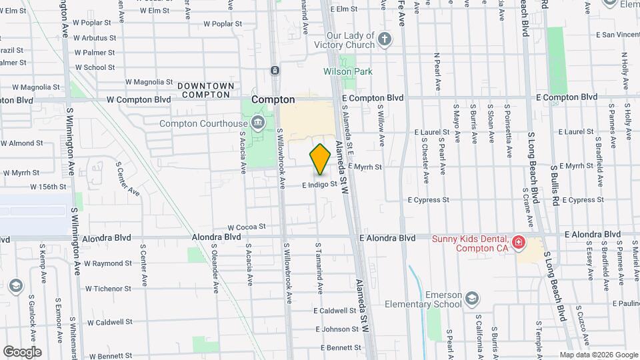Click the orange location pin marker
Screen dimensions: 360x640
click(x=321, y=159)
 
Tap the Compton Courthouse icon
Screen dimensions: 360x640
click(x=258, y=123)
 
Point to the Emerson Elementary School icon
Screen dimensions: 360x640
click(x=472, y=298)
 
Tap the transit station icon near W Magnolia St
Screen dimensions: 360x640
click(x=275, y=71)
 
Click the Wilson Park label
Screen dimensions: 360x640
click(x=348, y=71)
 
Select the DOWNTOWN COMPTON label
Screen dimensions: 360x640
click(x=205, y=91)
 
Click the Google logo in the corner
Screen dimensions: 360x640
click(x=22, y=352)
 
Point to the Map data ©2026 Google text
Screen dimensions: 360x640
click(x=599, y=355)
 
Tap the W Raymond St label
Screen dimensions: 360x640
click(x=108, y=264)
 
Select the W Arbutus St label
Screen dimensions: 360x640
click(x=95, y=38)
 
